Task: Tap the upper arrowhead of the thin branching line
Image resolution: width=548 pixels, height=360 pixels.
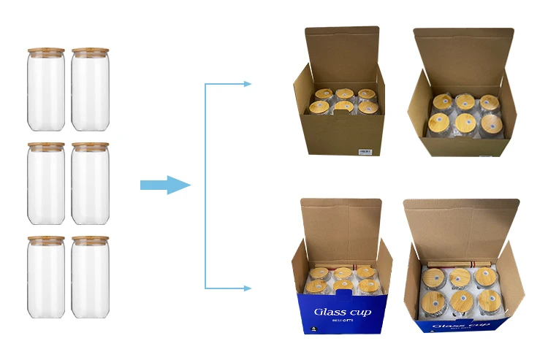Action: click(x=247, y=84)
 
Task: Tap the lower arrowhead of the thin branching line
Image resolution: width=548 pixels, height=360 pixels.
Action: click(x=247, y=288)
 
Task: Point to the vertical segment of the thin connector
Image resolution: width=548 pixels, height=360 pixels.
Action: click(x=205, y=185)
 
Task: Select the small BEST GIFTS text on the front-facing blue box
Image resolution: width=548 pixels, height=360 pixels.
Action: click(x=343, y=321)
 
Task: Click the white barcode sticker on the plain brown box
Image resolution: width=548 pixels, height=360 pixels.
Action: click(x=365, y=151)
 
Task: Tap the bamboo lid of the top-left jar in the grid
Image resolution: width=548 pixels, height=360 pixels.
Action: click(x=46, y=51)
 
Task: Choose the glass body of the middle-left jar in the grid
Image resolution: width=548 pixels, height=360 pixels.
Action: click(x=46, y=185)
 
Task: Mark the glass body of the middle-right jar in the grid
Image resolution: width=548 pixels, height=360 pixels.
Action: click(x=90, y=185)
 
